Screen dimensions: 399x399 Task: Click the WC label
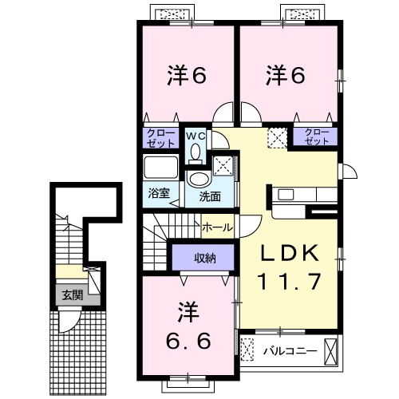click(x=196, y=136)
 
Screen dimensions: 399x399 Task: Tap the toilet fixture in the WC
click(x=196, y=152)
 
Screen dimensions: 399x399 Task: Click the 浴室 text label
click(x=159, y=193)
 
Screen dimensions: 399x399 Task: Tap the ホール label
click(x=217, y=227)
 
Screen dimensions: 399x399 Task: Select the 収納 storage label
click(x=205, y=257)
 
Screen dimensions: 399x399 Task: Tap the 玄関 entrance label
click(x=72, y=294)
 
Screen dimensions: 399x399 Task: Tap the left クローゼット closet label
click(x=161, y=137)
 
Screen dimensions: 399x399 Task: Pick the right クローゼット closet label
click(x=317, y=136)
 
